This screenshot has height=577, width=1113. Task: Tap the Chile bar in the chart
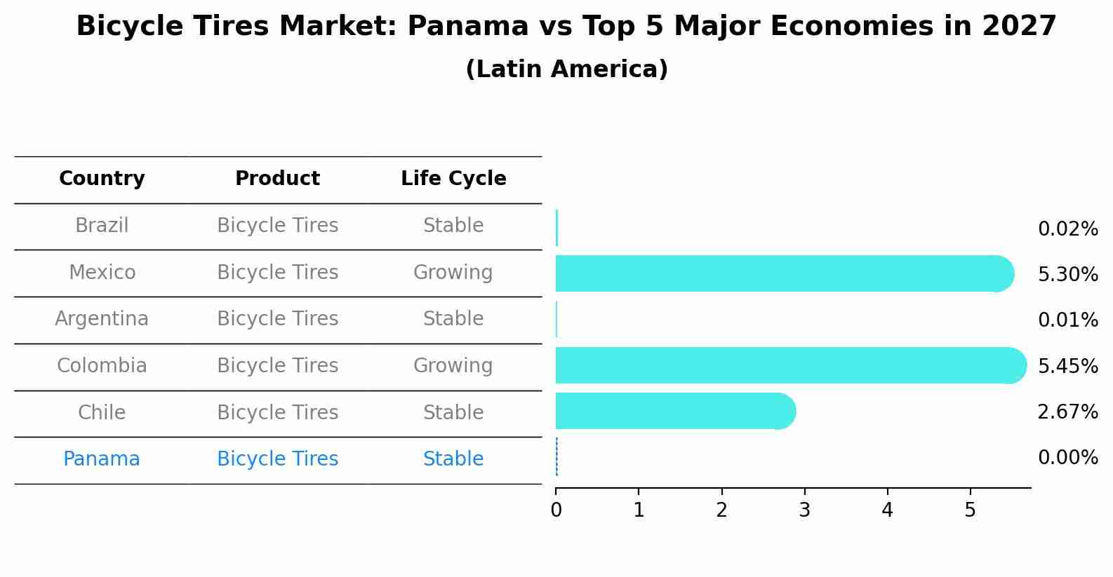674,411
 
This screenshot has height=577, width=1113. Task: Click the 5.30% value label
1067,274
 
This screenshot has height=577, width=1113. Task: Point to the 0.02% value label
1067,229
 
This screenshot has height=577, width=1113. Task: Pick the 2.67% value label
1067,412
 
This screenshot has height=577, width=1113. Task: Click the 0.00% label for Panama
1067,458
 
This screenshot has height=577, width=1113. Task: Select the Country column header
102,179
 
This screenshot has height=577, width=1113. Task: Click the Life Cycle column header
453,179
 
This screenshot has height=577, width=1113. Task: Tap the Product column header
277,179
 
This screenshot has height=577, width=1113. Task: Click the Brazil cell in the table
102,226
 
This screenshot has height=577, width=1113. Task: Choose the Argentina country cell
102,319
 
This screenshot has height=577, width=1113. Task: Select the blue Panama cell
102,459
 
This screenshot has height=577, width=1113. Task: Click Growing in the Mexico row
453,272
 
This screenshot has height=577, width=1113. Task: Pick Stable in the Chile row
453,412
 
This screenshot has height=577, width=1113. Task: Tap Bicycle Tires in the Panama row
277,459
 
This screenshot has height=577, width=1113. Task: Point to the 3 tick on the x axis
804,510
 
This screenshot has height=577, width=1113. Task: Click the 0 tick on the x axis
556,510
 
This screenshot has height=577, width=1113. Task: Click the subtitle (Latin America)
566,69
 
